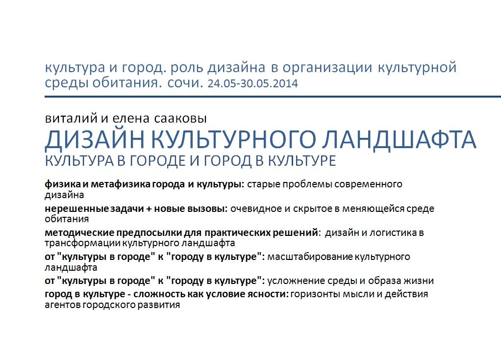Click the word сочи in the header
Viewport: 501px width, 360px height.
tap(185, 83)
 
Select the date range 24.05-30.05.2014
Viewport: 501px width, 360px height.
tap(253, 83)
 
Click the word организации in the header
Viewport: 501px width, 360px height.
tap(327, 68)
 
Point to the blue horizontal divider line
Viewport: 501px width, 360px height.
tap(273, 96)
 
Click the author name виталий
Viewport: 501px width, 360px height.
tap(71, 119)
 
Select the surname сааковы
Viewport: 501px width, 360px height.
tap(180, 119)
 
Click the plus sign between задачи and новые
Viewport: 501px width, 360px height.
tap(149, 209)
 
